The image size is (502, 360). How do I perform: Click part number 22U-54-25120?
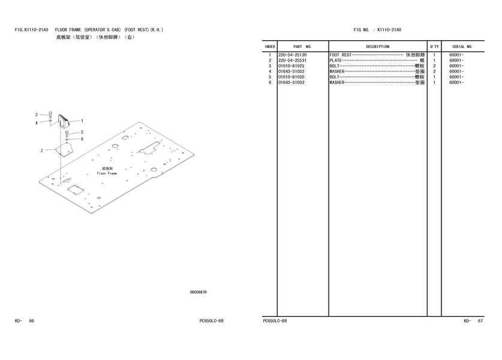click(292, 55)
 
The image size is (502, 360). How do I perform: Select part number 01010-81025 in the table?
click(291, 66)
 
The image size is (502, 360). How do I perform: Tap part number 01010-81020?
click(291, 77)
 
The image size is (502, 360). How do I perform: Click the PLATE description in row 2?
click(335, 61)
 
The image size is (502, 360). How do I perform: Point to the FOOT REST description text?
click(340, 55)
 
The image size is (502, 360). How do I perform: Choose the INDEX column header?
click(269, 47)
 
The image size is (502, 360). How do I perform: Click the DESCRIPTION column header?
click(377, 47)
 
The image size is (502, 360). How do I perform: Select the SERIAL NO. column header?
click(462, 47)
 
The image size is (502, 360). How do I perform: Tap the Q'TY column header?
click(434, 47)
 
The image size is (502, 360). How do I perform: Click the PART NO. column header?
click(302, 47)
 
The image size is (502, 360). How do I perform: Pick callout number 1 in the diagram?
click(82, 121)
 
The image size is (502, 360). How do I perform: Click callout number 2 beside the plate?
click(41, 151)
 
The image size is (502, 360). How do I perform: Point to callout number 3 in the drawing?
click(37, 115)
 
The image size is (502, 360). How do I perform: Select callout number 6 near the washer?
click(82, 139)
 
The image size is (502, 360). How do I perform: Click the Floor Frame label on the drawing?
click(107, 173)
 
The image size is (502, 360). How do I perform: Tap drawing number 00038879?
click(198, 292)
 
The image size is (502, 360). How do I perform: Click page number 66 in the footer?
click(31, 320)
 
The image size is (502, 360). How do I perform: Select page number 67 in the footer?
click(480, 320)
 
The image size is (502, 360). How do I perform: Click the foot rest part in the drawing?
click(64, 121)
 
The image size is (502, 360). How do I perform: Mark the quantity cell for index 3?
click(434, 66)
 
